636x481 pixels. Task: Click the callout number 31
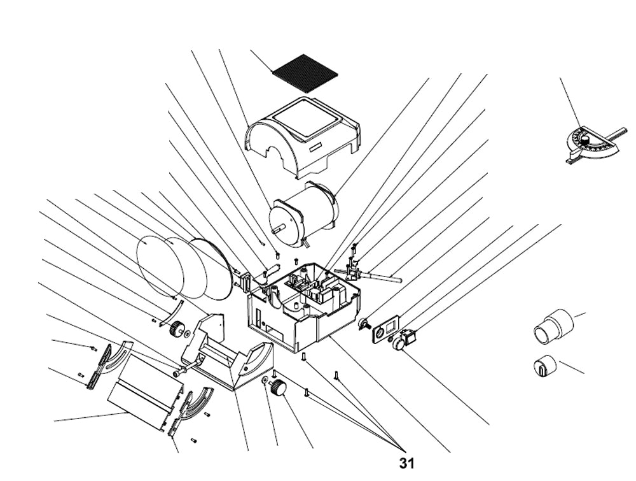tap(406, 463)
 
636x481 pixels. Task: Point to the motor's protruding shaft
tap(277, 227)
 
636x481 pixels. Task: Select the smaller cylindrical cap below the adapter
tap(544, 366)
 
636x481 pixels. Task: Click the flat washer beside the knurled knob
tap(263, 381)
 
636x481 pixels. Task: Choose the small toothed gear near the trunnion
tap(176, 330)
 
